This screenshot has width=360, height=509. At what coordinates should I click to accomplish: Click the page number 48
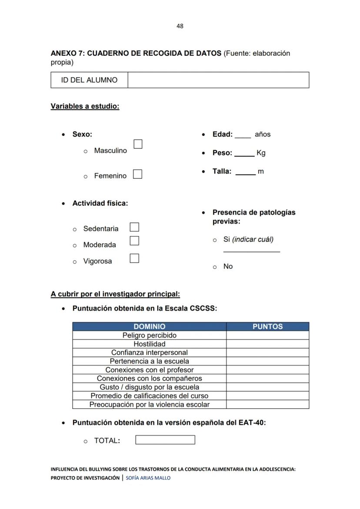click(x=180, y=26)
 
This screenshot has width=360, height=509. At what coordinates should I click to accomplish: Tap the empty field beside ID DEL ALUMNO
click(x=218, y=80)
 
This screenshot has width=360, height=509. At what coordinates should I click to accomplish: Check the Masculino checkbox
click(x=138, y=144)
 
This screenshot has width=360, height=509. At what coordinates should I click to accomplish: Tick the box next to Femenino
click(x=137, y=174)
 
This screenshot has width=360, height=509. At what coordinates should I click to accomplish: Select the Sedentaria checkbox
click(x=134, y=227)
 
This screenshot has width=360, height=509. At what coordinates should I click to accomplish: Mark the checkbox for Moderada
click(x=134, y=241)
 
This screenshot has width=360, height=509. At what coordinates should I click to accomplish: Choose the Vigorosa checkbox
click(x=134, y=258)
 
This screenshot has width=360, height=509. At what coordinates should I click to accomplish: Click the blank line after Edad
click(x=243, y=137)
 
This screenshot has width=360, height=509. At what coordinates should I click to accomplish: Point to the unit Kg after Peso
click(x=261, y=153)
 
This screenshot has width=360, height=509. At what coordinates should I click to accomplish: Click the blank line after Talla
click(x=245, y=174)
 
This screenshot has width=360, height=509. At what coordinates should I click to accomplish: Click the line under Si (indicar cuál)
click(x=251, y=251)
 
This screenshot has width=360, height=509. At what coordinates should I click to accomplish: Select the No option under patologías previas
click(x=228, y=267)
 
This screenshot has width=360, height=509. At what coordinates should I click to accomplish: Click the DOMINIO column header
click(x=149, y=327)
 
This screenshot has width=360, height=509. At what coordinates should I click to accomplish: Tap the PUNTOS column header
click(x=267, y=327)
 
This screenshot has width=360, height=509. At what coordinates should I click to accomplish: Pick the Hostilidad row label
click(x=149, y=344)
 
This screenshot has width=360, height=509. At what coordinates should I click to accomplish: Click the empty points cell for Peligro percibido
click(x=267, y=335)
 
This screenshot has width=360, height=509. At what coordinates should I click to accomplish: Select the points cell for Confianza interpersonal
click(x=267, y=353)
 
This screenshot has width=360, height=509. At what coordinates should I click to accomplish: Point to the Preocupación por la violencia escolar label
click(x=149, y=405)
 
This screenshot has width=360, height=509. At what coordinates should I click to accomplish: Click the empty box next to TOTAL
click(x=165, y=440)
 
